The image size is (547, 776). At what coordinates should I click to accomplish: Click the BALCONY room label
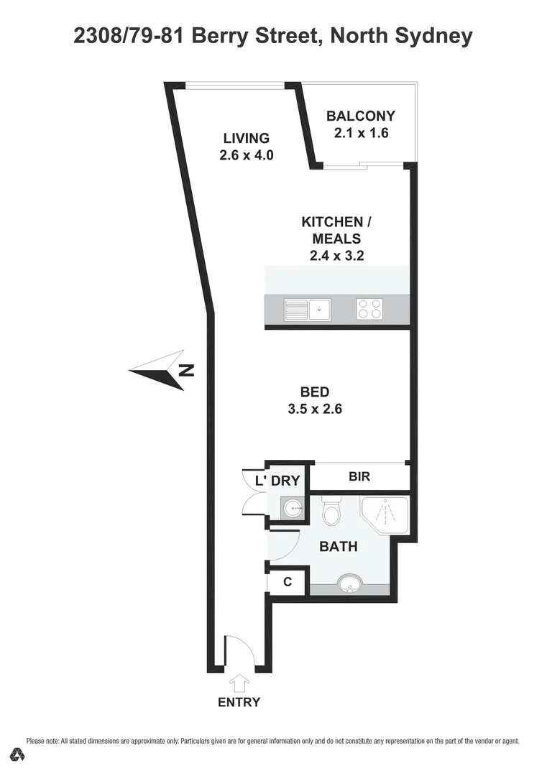[361, 116]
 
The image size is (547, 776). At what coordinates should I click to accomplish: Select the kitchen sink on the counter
[307, 310]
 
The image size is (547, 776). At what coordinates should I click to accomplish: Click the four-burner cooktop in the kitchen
[369, 310]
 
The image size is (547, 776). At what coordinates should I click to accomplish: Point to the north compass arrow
[157, 370]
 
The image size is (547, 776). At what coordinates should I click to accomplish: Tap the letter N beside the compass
[187, 371]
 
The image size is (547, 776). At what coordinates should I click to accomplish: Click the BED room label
[314, 392]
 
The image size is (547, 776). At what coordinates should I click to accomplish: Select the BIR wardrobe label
[359, 476]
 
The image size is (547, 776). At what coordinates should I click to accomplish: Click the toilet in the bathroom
[331, 513]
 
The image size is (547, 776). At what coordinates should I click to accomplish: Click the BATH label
[338, 547]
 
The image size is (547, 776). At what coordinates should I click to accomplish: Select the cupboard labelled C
[288, 582]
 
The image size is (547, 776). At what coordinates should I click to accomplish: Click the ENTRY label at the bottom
[239, 702]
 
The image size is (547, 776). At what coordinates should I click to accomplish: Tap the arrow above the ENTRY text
[239, 682]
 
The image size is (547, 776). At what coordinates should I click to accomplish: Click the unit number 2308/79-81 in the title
[131, 36]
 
